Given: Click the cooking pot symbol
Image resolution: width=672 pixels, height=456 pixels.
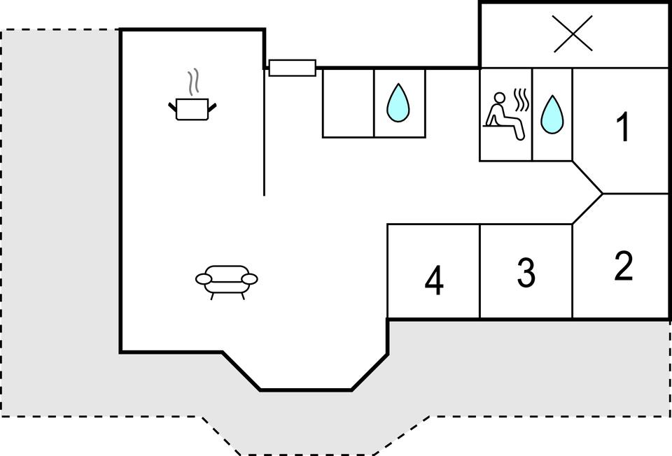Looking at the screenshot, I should click(192, 109).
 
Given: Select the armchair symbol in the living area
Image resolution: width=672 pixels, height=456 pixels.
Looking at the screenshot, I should click(226, 279).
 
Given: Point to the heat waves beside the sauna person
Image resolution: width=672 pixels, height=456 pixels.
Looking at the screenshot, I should click(521, 101).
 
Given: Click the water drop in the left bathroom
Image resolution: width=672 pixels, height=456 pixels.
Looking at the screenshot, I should click(399, 102).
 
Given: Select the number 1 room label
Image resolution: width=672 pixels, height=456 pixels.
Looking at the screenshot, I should click(622, 127).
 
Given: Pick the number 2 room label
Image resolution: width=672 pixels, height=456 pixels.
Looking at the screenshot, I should click(623, 266).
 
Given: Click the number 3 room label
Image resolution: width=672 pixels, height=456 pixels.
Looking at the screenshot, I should click(526, 273).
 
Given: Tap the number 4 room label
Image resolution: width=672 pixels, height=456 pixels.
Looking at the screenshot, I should click(434, 282).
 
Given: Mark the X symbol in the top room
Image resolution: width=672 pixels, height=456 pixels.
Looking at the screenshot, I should click(573, 34).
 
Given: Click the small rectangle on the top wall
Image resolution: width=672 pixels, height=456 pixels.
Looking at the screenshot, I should click(292, 68).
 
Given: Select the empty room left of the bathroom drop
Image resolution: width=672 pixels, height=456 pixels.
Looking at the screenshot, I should click(348, 103).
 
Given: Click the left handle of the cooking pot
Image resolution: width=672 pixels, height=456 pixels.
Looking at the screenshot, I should click(172, 106).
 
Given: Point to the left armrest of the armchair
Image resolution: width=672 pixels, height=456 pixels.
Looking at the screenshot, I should click(204, 280).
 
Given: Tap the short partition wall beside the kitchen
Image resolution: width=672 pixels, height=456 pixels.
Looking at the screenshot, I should click(264, 133).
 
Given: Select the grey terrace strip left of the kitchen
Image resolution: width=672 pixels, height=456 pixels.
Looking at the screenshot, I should click(60, 210).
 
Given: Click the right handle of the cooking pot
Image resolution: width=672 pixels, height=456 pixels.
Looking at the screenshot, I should click(213, 106).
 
